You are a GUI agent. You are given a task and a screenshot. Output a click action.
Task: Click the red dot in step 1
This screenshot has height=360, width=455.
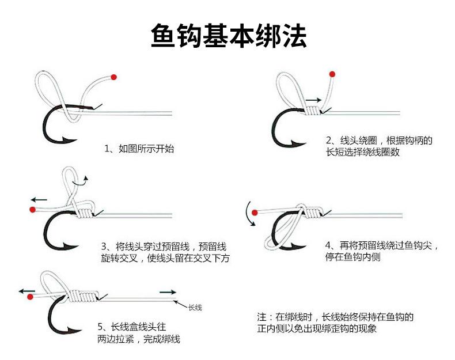click(x=113, y=77)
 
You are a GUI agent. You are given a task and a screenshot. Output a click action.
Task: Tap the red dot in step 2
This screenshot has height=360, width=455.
click(x=332, y=74)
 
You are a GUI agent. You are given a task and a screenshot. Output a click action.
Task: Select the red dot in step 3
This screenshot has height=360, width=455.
click(x=32, y=210)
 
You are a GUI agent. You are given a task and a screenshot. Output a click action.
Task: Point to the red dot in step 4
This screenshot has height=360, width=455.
click(x=255, y=213)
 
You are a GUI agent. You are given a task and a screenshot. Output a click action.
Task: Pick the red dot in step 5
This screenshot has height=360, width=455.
click(x=30, y=297)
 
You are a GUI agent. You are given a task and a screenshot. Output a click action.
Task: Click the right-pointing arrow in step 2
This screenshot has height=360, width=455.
click(x=314, y=100)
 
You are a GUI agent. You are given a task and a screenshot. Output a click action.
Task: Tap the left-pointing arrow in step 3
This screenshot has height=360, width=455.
click(x=39, y=200)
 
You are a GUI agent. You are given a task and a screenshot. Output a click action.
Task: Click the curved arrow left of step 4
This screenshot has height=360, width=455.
click(x=249, y=213)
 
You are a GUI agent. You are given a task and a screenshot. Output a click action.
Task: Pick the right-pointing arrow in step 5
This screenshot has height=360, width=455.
click(x=168, y=292)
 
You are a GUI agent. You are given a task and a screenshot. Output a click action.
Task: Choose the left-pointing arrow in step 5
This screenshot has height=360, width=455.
click(x=27, y=291)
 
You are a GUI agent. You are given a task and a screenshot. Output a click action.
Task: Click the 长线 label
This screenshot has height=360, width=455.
click(x=195, y=308)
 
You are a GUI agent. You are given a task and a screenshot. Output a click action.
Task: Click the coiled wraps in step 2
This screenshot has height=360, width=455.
click(x=313, y=111)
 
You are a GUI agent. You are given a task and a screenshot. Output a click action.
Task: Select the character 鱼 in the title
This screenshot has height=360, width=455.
click(x=164, y=36)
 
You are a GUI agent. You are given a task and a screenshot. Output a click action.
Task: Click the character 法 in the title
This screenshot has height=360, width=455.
click(x=294, y=36)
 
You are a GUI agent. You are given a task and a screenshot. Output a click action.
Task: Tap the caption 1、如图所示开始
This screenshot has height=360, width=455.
click(x=139, y=149)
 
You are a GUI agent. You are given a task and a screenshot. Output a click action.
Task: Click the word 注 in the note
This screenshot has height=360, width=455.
click(x=261, y=317)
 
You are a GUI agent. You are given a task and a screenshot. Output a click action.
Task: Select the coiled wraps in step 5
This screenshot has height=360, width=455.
click(x=84, y=296)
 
